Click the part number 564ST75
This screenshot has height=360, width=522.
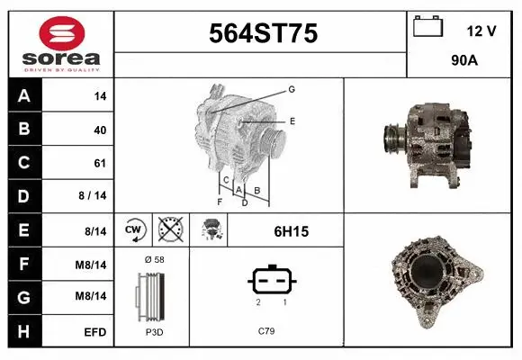click(x=263, y=33)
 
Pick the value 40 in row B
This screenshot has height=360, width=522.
click(x=100, y=130)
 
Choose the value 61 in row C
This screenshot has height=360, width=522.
click(x=100, y=164)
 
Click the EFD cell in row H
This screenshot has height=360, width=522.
click(x=96, y=332)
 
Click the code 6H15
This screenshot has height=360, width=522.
click(x=291, y=231)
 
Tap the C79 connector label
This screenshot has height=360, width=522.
click(x=266, y=332)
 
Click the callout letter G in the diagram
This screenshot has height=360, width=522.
click(x=292, y=90)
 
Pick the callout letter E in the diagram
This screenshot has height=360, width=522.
click(x=292, y=121)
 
